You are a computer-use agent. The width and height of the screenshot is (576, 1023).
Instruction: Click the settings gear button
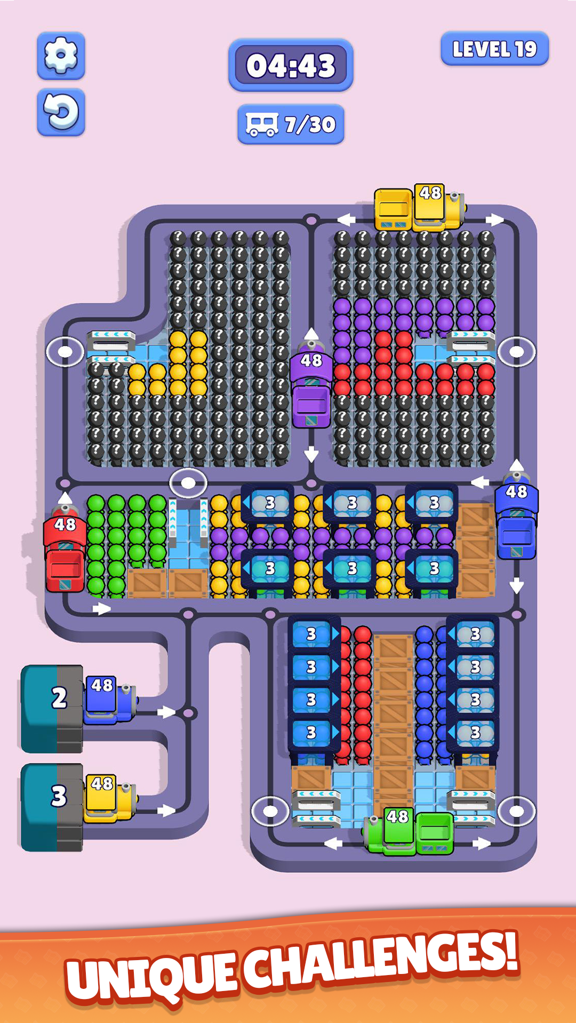(x=61, y=55)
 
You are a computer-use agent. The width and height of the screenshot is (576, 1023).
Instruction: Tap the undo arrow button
(x=61, y=112)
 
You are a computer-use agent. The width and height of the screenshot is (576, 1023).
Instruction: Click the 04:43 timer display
(x=291, y=66)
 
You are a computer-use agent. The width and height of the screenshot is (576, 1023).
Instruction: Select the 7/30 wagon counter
(x=291, y=125)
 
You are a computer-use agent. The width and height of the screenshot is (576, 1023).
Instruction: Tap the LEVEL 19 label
(x=494, y=49)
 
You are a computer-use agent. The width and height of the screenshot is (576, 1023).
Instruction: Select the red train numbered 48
(x=65, y=554)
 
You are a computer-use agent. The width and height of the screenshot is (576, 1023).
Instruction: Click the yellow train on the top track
(x=419, y=209)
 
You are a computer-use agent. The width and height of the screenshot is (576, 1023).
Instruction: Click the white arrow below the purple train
(x=311, y=454)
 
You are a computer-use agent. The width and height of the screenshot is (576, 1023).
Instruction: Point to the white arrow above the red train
(x=65, y=498)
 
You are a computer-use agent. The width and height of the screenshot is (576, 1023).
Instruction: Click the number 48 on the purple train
(x=311, y=361)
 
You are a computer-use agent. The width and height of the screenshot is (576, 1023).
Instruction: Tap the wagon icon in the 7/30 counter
(x=261, y=125)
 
